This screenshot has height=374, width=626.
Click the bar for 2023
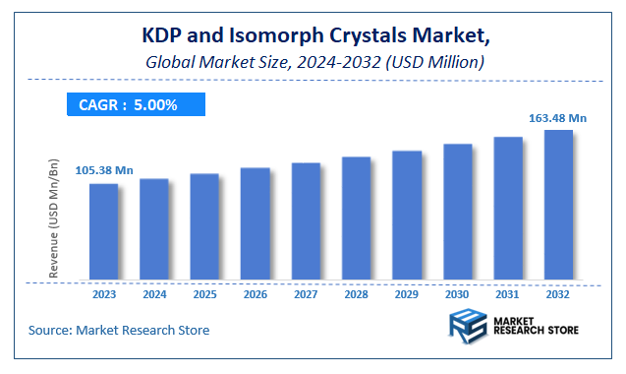click(103, 230)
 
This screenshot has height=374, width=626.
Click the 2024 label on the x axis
click(154, 293)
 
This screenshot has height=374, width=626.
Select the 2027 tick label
click(306, 293)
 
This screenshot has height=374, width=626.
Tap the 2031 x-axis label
click(508, 293)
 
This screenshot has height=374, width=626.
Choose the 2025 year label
click(204, 293)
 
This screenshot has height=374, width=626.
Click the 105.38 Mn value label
click(103, 170)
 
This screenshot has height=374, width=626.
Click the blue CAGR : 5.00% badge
click(136, 104)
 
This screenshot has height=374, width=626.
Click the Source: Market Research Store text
click(119, 330)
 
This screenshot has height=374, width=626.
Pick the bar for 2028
click(356, 218)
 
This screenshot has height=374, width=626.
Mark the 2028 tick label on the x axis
click(356, 293)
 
